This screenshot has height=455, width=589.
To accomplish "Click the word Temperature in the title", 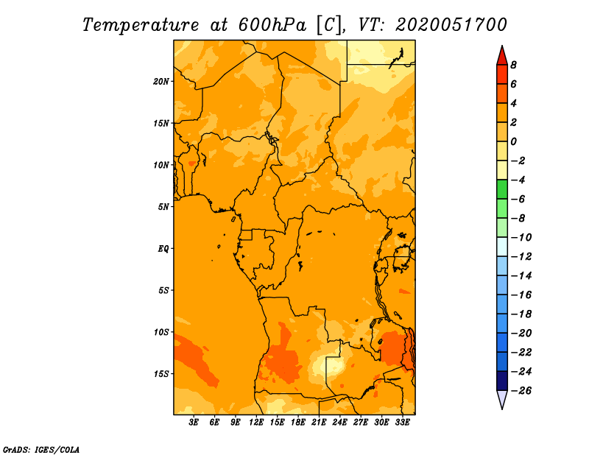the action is click(x=140, y=25).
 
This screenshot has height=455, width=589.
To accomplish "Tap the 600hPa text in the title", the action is click(x=272, y=25).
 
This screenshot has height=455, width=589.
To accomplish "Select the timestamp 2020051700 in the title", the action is click(x=451, y=25).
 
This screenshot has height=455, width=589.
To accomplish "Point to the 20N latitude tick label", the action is click(x=161, y=82).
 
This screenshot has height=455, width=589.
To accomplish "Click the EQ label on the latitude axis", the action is click(x=163, y=249).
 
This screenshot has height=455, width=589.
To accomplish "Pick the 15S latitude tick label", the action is click(x=161, y=374).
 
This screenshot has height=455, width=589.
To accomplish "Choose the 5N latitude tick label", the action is click(x=163, y=207).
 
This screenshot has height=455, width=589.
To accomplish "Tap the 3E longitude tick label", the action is click(x=194, y=422).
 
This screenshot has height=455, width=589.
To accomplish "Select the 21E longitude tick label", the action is click(x=319, y=422).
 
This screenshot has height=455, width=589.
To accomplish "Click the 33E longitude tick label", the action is click(x=402, y=422).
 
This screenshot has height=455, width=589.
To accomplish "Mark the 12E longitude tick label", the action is click(x=256, y=422).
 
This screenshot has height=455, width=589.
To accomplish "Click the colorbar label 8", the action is click(x=513, y=65).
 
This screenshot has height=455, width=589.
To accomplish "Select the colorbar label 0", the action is click(x=513, y=141).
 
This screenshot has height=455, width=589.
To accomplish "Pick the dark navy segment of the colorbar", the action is click(x=502, y=381).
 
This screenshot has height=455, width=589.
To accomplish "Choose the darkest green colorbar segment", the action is click(x=502, y=189).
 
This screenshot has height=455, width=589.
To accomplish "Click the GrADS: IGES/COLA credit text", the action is click(x=41, y=449).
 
